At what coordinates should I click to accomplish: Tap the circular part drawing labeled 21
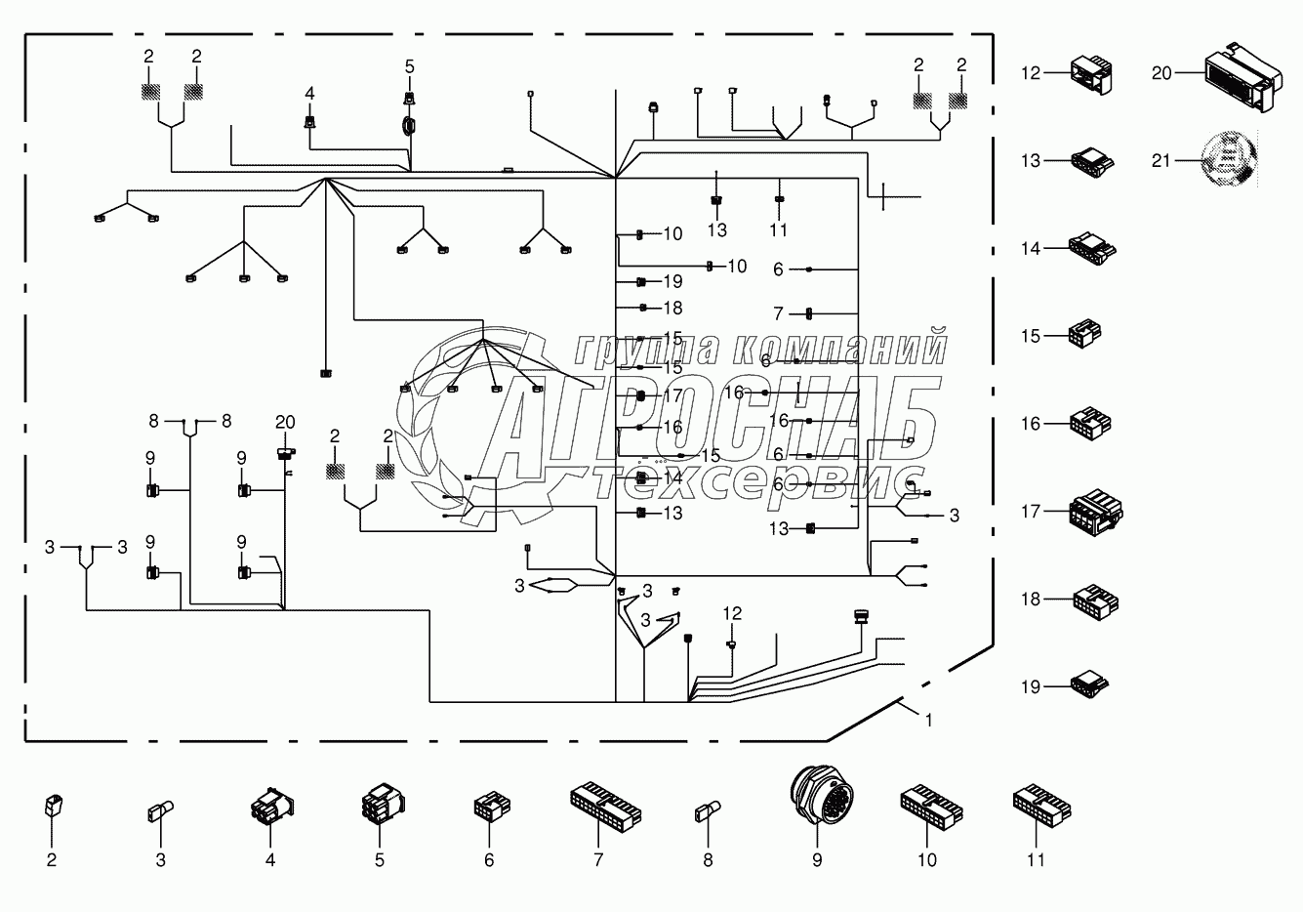point(1228,160)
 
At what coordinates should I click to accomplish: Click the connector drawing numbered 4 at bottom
point(270,809)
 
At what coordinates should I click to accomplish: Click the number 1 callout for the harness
point(929,721)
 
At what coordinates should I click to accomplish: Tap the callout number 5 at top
point(410,66)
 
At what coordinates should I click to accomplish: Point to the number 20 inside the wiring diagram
point(284,422)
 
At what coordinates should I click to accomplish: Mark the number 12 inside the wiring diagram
point(732,613)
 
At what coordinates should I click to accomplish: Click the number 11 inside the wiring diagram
point(778,230)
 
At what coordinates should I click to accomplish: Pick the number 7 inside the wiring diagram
point(778,313)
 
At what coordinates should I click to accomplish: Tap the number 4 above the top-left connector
point(310,93)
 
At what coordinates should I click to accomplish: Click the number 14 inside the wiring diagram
point(673,478)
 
